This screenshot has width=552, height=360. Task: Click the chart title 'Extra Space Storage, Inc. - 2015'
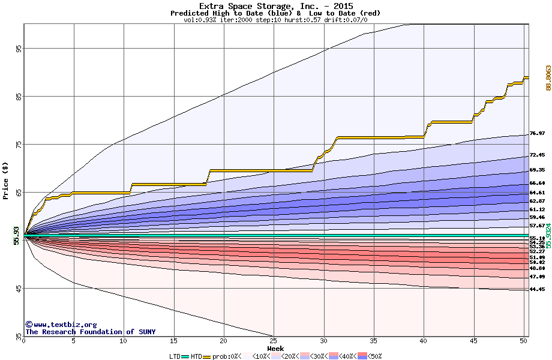(x=275, y=6)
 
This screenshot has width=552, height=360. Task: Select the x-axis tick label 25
(x=274, y=341)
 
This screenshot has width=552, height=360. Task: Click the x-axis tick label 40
(x=424, y=341)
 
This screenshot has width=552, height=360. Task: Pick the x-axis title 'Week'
(x=275, y=348)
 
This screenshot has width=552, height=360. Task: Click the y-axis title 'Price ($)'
(x=5, y=180)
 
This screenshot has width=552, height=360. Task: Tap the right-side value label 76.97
(x=537, y=133)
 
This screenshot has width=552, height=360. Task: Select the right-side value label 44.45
(x=537, y=290)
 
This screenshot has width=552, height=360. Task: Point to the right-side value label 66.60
(x=537, y=184)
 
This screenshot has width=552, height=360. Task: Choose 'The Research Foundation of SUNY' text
(x=90, y=332)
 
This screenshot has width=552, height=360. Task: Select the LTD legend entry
(x=176, y=356)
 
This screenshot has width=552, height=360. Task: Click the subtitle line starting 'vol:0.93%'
(x=275, y=20)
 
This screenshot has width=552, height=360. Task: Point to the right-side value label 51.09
(x=537, y=257)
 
